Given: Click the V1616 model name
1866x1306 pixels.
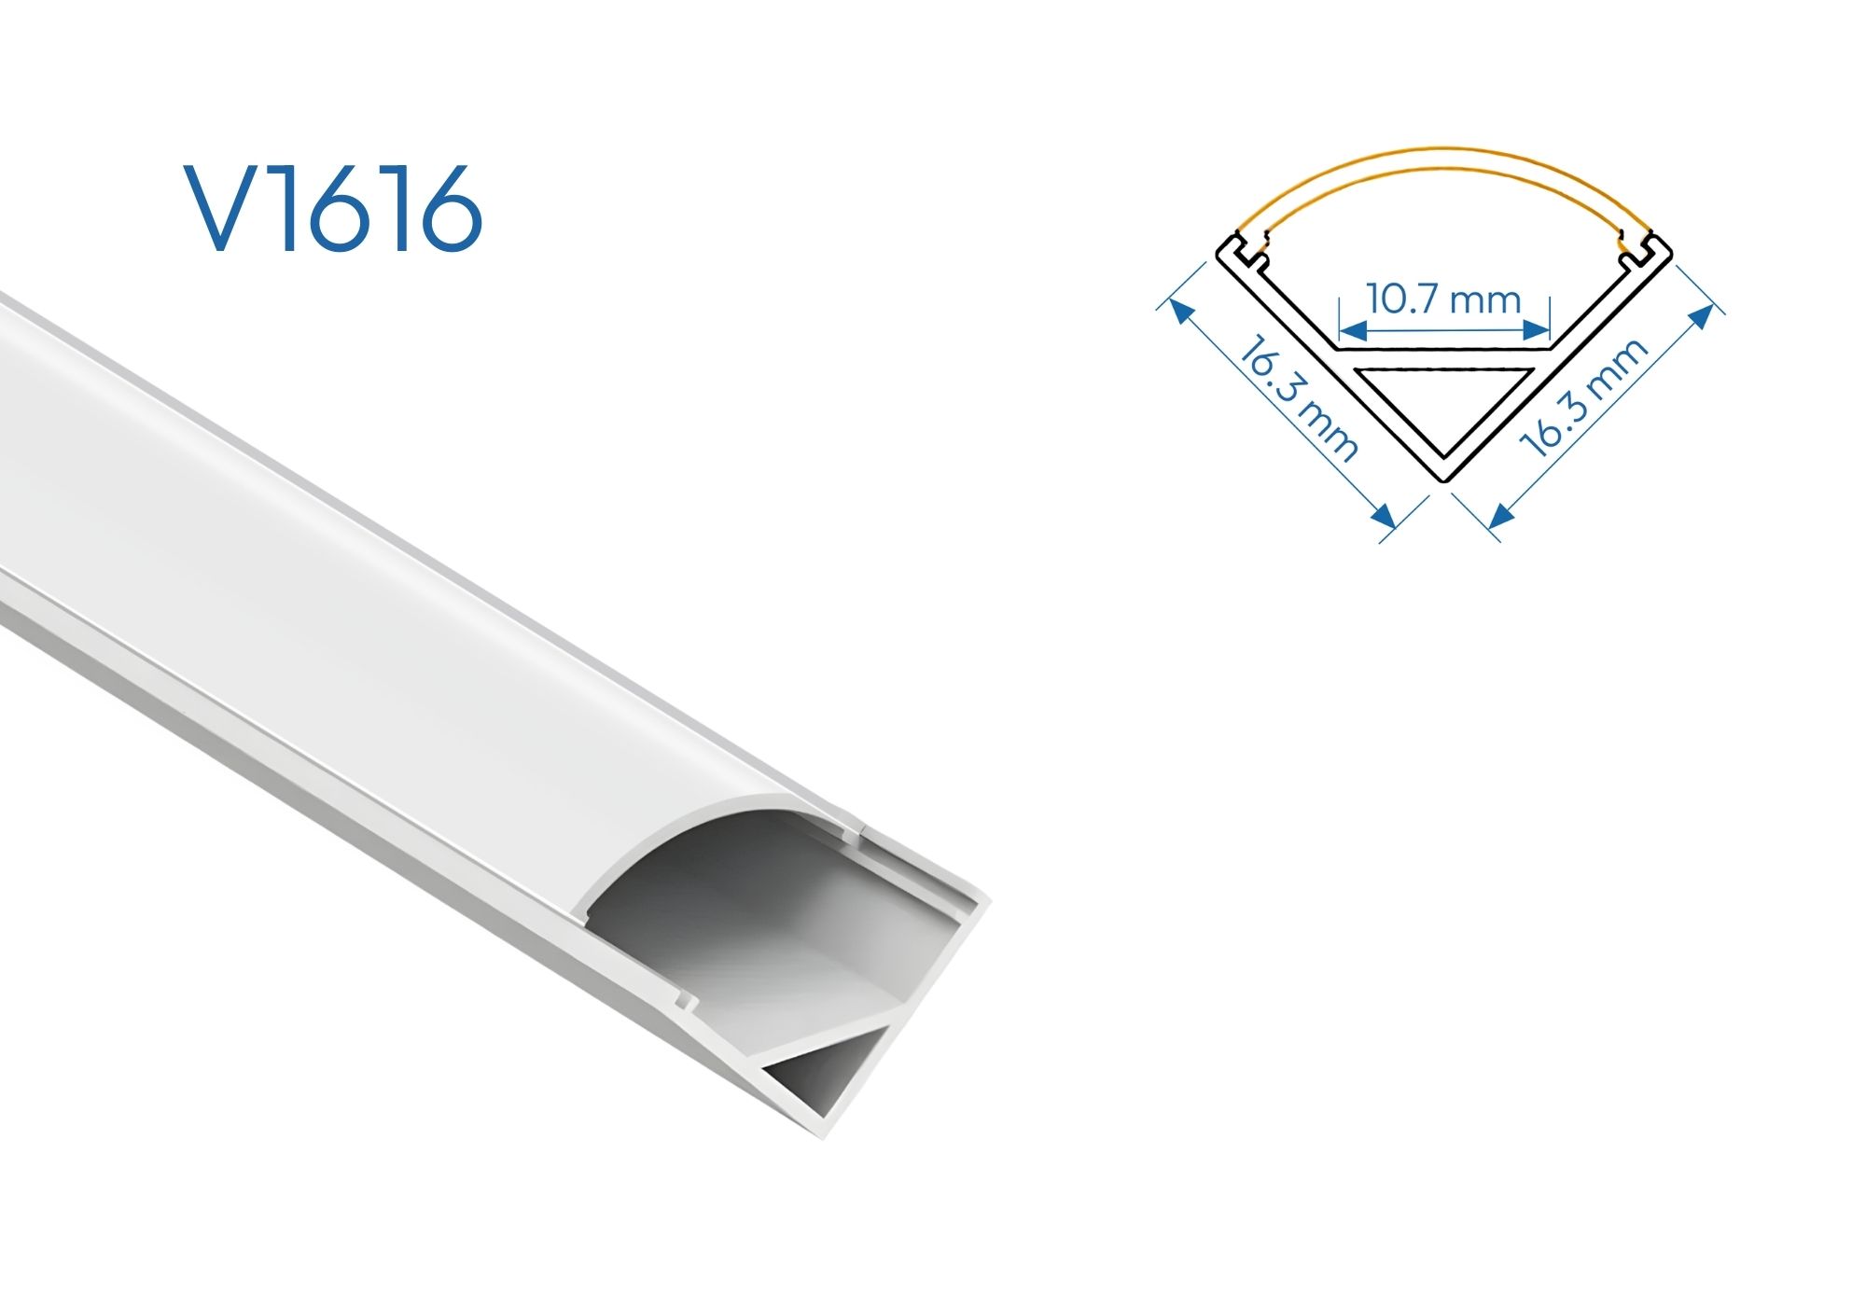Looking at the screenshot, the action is point(333,209).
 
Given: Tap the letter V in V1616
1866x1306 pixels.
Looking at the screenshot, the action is point(225,209).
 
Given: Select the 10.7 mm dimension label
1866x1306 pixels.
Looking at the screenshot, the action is point(1443,299).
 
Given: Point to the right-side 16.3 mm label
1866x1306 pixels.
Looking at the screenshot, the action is point(1584,398).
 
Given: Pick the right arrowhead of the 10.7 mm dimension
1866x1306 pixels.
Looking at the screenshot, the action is point(1537,330).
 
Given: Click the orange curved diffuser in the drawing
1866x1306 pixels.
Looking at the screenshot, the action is point(1444,160).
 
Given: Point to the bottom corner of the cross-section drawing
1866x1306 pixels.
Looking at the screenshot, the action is point(1443,480).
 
